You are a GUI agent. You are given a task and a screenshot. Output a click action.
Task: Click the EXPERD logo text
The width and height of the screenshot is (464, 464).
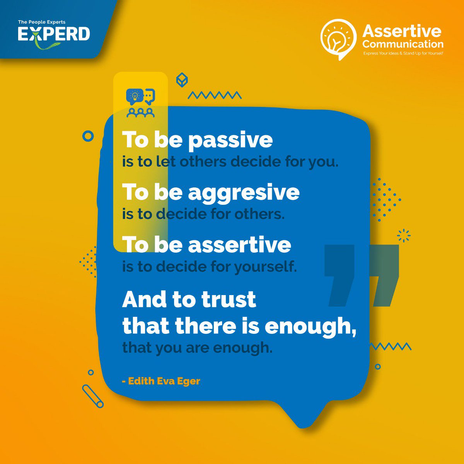pos(54,34)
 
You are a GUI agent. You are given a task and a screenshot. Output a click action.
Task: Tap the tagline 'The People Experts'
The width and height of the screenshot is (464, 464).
pos(41,22)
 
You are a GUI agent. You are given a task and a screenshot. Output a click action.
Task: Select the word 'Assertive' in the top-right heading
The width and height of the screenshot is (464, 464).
pos(402,31)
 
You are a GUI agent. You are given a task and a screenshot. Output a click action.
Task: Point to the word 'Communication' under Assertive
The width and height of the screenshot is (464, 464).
pos(403,44)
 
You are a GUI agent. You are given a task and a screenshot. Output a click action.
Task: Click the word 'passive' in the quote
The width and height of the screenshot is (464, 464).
pos(230,140)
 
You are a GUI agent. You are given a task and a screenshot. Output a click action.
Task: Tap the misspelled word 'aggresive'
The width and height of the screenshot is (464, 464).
pos(244,192)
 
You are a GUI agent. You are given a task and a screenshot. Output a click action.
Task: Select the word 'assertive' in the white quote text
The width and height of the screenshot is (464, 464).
pos(239,245)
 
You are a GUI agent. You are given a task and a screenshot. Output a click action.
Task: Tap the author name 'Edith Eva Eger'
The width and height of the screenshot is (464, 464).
pos(164,381)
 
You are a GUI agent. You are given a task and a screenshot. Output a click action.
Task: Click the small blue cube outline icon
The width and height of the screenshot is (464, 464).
pos(182,80)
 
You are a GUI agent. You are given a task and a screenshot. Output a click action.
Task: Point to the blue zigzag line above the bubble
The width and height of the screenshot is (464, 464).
pos(215,95)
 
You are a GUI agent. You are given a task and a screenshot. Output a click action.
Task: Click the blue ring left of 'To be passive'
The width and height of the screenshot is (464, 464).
pos(89,136)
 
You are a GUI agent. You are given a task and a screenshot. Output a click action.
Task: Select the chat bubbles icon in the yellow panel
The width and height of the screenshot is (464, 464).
pos(140,96)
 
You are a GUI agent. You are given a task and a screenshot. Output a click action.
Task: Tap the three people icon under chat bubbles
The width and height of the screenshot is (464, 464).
pos(140,113)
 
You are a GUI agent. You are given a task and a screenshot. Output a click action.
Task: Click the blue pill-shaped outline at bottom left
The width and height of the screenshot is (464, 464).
pos(93,396)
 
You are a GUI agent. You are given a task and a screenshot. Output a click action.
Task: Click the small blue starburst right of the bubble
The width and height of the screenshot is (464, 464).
pos(404,235)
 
